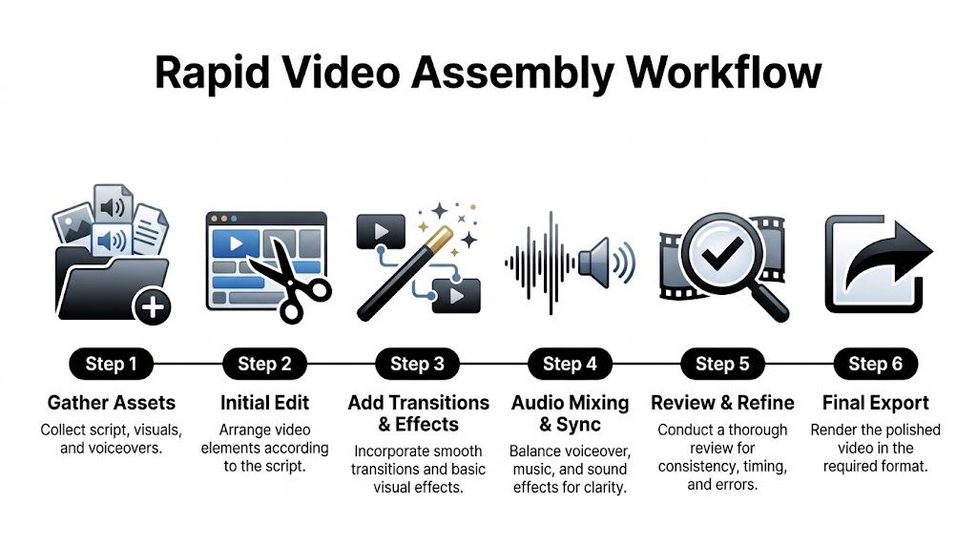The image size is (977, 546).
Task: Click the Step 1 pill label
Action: click(x=112, y=364)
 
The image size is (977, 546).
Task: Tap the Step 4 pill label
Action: click(x=570, y=364)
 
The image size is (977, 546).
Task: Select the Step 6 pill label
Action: click(x=875, y=364)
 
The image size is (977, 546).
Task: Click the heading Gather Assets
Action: click(x=112, y=403)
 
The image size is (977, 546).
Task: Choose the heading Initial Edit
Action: click(x=264, y=403)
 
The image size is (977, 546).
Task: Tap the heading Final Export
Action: click(x=875, y=403)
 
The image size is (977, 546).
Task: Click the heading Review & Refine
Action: click(x=722, y=403)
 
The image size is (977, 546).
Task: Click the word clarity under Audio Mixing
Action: click(x=604, y=487)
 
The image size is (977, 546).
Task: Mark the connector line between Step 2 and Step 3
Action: click(x=341, y=364)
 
